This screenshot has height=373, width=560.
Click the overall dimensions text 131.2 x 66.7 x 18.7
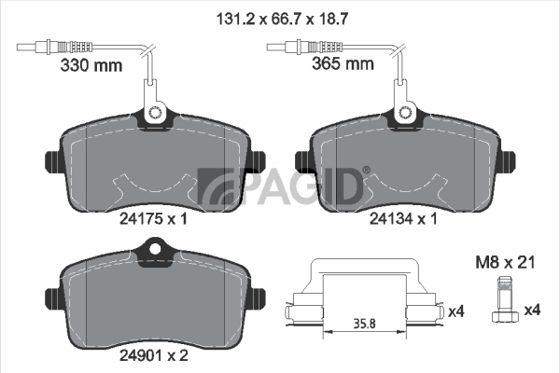[282, 19]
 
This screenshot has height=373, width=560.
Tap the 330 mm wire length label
[91, 65]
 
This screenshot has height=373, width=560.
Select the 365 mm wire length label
[343, 63]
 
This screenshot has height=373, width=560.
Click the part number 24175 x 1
[153, 218]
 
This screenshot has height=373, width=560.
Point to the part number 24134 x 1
[403, 218]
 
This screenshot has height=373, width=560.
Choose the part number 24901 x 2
[154, 355]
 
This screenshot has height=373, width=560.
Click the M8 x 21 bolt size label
[505, 263]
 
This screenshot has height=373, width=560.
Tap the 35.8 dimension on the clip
[365, 324]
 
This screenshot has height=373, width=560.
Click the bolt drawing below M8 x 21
[505, 300]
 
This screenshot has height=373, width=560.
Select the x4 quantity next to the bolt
[532, 310]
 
